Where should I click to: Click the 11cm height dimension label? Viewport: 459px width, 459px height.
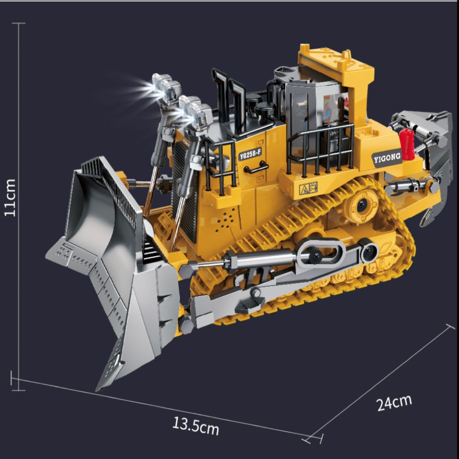point(10,198)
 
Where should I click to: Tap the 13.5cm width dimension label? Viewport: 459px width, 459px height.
point(196,426)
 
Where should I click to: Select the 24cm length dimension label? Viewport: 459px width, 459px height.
point(394,403)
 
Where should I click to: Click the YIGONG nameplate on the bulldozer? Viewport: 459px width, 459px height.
point(387,158)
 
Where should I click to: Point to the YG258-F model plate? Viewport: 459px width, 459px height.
point(250,154)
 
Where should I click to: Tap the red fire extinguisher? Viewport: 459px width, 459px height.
point(407,145)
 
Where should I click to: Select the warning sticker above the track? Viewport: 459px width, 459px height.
point(308,188)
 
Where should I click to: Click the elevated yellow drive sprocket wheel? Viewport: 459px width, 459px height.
point(361,204)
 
